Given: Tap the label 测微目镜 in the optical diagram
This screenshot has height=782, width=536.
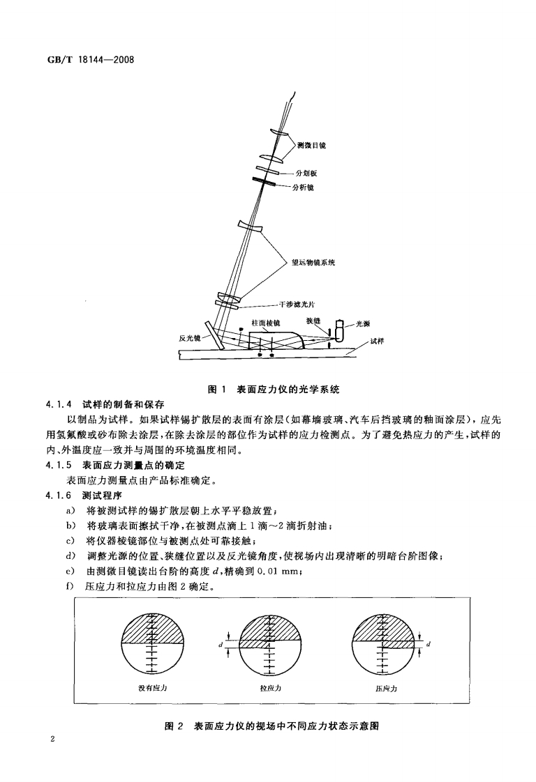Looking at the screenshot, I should coord(311,145).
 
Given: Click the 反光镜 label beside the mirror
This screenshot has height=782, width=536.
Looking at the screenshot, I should coord(191,337).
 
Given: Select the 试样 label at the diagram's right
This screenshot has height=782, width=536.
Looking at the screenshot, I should coord(377,342).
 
